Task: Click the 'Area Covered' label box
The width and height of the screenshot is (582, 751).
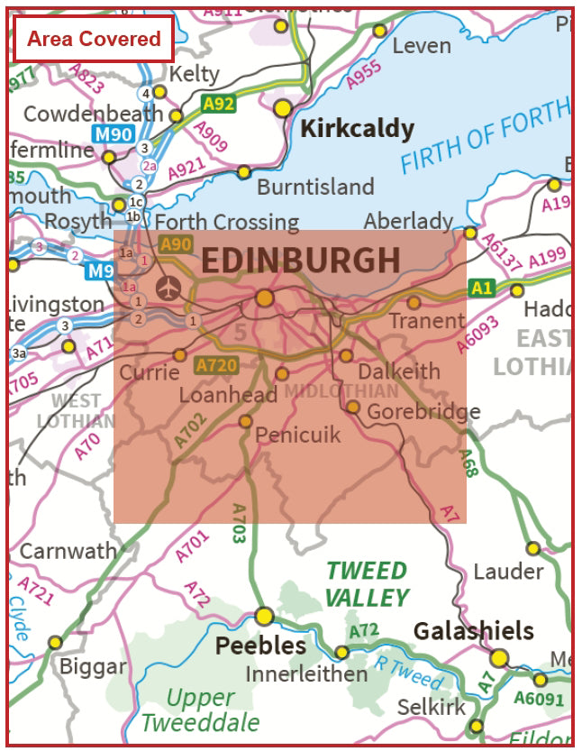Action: pos(94,39)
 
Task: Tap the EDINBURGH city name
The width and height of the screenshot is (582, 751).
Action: pos(300,260)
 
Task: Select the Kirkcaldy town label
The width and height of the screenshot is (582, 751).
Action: pos(357,129)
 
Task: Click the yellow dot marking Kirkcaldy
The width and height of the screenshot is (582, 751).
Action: pos(284,108)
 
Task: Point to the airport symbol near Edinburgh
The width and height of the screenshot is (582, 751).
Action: pos(168,288)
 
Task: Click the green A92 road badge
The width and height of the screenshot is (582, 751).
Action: pos(218,104)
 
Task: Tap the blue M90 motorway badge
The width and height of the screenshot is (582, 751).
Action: pos(114,133)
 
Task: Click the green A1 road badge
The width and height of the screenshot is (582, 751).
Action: pos(482,288)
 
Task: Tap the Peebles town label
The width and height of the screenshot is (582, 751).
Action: pos(261,646)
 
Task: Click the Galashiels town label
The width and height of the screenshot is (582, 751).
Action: pos(473,631)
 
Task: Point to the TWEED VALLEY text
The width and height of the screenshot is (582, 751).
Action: pos(367,584)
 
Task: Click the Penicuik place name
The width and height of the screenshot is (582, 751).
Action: pos(298,435)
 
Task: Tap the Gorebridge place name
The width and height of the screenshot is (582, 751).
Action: pos(423,411)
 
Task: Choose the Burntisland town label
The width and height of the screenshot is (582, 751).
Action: pos(315,187)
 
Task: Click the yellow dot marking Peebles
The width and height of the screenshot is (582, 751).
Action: pos(264,616)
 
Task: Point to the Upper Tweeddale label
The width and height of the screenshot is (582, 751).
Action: pos(200,710)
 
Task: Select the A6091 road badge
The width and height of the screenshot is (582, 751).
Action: pos(539,698)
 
